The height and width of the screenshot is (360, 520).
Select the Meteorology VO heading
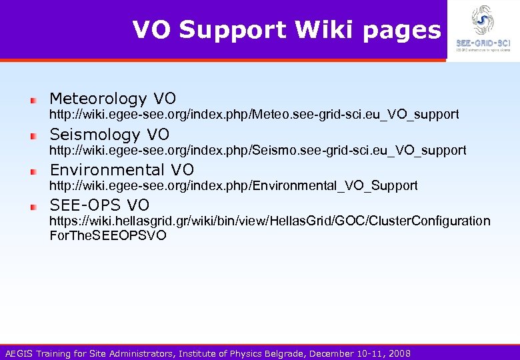pos(113,99)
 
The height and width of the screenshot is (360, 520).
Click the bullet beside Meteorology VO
pos(32,100)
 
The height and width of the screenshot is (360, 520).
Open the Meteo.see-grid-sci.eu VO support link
pos(254,115)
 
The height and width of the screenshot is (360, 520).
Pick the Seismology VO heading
pos(109,134)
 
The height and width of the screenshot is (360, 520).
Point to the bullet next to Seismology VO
pos(32,135)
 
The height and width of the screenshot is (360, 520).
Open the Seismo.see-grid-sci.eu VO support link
pos(258,150)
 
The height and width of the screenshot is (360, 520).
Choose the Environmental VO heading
pos(122,169)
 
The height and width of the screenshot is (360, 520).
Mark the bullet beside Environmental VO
pos(32,171)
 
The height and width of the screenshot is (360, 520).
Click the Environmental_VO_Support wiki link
pos(233,185)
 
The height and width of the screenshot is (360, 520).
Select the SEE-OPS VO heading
pos(99,205)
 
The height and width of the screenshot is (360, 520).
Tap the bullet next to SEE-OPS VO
pos(32,206)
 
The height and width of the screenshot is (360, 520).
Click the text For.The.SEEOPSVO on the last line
pos(108,235)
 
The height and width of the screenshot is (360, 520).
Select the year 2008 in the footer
pos(399,353)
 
